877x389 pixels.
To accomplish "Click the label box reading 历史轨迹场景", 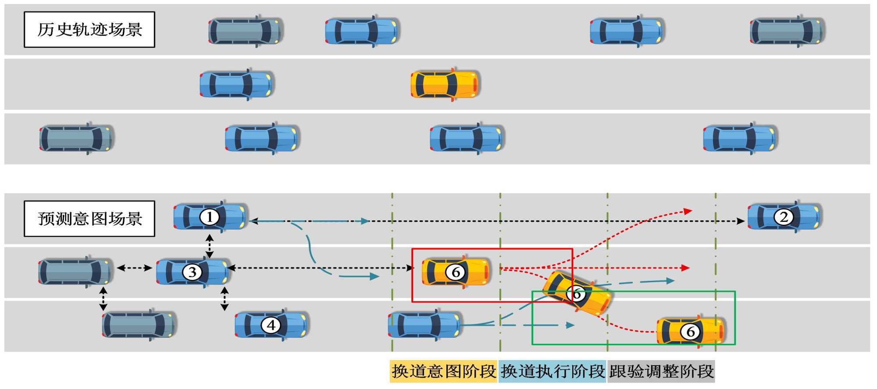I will pyautogui.click(x=89, y=30).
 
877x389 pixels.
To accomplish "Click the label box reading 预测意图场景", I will pyautogui.click(x=89, y=219).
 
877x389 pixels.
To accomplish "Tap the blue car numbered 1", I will pyautogui.click(x=210, y=217).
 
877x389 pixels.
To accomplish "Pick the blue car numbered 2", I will pyautogui.click(x=784, y=217).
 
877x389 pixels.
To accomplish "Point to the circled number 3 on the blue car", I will pyautogui.click(x=192, y=272).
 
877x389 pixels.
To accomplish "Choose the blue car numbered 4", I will pyautogui.click(x=271, y=325).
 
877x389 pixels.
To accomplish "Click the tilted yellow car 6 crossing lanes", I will pyautogui.click(x=577, y=294).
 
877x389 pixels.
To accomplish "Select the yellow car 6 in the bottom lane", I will pyautogui.click(x=690, y=332).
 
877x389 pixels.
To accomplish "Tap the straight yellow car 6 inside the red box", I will pyautogui.click(x=456, y=272).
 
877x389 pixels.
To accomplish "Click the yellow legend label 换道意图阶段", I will pyautogui.click(x=443, y=371).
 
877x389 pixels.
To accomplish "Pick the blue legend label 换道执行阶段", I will pyautogui.click(x=553, y=371).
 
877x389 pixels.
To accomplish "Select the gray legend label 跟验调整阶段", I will pyautogui.click(x=661, y=371).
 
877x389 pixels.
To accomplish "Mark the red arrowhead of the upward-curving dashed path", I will pyautogui.click(x=688, y=212).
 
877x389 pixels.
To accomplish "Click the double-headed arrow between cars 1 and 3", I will pyautogui.click(x=210, y=246).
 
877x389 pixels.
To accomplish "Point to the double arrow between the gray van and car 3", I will pyautogui.click(x=134, y=268).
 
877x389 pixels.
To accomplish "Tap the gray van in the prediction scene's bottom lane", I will pyautogui.click(x=139, y=325).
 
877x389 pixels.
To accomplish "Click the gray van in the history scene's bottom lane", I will pyautogui.click(x=76, y=138).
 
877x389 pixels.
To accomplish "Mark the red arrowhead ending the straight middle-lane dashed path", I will pyautogui.click(x=685, y=268).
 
